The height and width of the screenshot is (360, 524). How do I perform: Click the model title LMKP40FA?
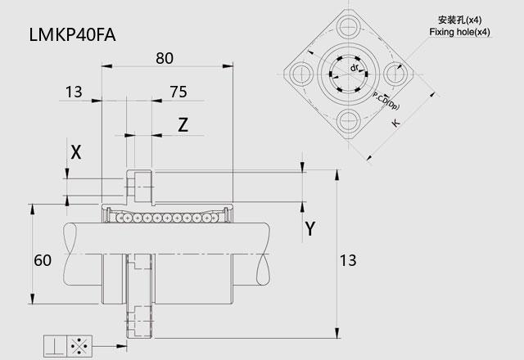coord(73,35)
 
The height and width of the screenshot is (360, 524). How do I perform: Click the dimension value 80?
coord(165,58)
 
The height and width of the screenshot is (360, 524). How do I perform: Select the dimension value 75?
coord(178,92)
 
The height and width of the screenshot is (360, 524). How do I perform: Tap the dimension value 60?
coord(43,260)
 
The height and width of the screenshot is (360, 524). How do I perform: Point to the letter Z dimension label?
coord(183,125)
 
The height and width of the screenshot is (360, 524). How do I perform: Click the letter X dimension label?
coord(76,153)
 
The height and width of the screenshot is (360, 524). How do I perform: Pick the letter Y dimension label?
coord(310,229)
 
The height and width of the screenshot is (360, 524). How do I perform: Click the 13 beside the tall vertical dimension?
coord(348,260)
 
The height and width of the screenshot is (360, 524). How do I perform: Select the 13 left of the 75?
coord(74,92)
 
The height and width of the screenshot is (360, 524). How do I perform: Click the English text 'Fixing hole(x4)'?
coord(460,32)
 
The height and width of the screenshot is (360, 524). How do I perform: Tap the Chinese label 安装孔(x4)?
coord(460,20)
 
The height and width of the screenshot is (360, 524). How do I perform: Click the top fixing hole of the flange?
coord(348,26)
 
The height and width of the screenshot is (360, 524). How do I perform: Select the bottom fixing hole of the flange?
coord(348,120)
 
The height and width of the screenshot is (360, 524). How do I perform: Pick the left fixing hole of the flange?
coord(301,74)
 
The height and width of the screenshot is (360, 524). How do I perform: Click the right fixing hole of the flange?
coord(395,74)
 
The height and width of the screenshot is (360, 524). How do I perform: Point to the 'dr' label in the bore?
coord(355,68)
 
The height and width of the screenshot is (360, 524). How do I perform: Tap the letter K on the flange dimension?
coord(395,123)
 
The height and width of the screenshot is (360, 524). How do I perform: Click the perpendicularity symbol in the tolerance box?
coord(55,345)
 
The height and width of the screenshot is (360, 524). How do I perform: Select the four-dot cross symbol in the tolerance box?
coord(79,346)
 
